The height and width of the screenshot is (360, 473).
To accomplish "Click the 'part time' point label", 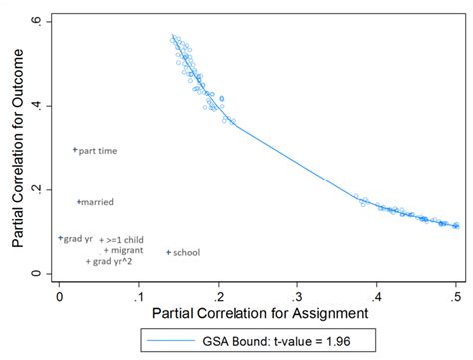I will (x=98, y=151).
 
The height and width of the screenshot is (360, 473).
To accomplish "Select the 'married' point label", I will (x=98, y=202).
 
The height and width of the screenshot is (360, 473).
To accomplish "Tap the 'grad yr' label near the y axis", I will (x=79, y=239).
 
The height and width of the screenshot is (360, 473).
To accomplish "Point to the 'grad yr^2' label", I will (x=112, y=262).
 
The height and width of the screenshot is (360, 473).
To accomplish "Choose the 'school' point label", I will (x=186, y=253).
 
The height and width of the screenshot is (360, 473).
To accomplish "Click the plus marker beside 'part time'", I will (x=75, y=150).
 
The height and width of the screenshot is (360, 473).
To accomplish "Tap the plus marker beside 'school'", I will (x=168, y=252).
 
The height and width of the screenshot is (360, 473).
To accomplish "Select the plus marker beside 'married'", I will (x=79, y=202).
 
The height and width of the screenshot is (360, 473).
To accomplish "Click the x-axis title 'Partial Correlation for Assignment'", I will (x=258, y=313).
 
